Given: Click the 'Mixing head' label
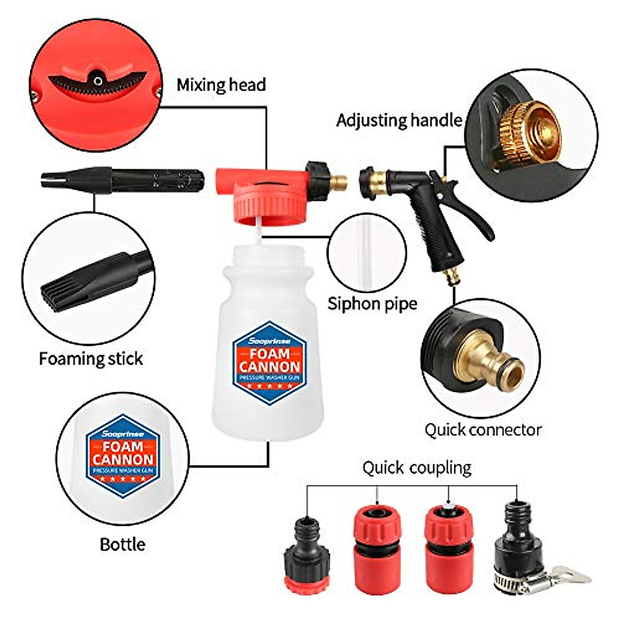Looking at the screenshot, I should (221, 85).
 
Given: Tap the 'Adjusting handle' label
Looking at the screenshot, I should (399, 120).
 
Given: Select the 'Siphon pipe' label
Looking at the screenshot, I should (372, 303).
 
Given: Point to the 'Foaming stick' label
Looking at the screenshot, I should (91, 359).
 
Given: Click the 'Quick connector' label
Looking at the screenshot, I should (483, 429).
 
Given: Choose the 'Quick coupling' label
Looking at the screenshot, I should (416, 468).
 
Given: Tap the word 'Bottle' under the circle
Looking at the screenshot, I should (122, 544).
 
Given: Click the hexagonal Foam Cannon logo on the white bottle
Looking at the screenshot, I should (269, 362).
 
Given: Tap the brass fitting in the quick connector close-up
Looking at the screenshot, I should (496, 362).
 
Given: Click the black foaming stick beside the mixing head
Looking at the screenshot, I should (124, 180).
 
